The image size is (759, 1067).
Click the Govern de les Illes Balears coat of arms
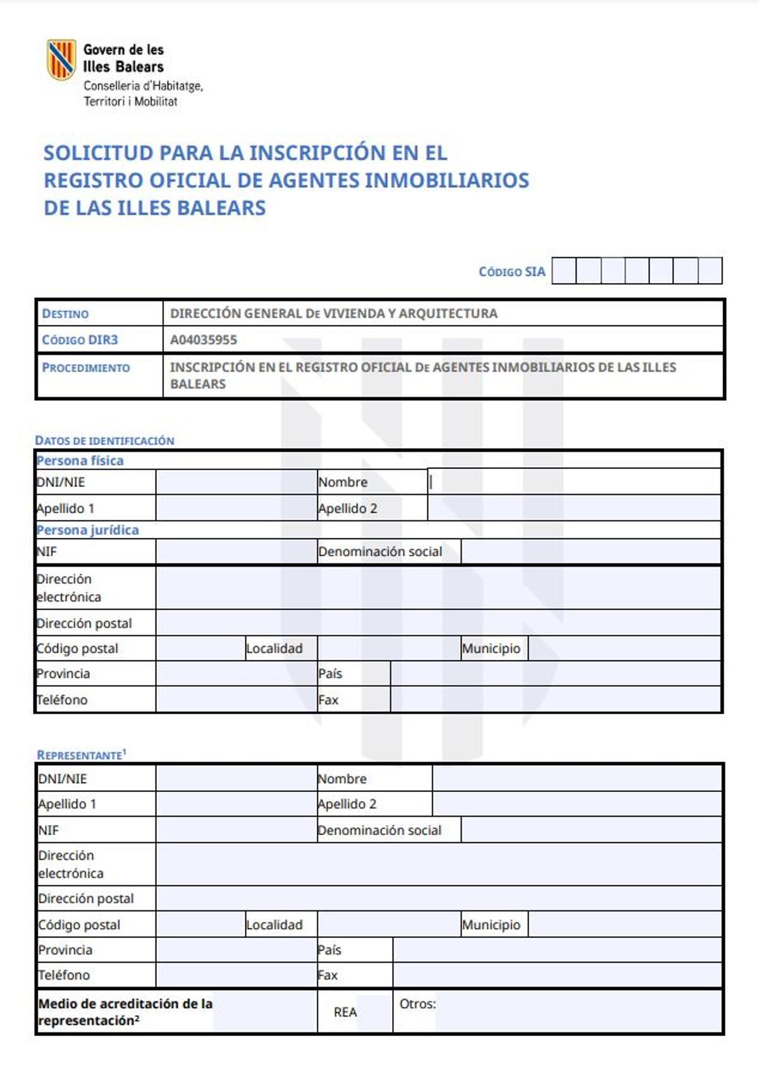61,59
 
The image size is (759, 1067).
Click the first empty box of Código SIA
564,271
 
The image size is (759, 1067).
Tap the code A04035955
204,340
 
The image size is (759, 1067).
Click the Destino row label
65,314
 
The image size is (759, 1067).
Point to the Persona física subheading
80,460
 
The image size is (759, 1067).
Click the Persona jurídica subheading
87,530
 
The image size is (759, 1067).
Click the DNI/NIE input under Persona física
236,482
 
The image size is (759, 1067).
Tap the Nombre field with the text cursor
574,482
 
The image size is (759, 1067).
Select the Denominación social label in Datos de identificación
380,551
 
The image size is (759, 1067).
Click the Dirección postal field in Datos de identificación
438,623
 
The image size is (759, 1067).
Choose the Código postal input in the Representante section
200,924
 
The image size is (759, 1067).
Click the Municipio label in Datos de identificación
491,649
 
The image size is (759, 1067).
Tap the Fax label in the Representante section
328,975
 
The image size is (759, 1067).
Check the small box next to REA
376,1012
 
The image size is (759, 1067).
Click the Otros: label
417,1004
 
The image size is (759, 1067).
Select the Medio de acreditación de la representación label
125,1011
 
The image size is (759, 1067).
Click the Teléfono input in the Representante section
236,975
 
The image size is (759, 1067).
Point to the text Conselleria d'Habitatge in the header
143,85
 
